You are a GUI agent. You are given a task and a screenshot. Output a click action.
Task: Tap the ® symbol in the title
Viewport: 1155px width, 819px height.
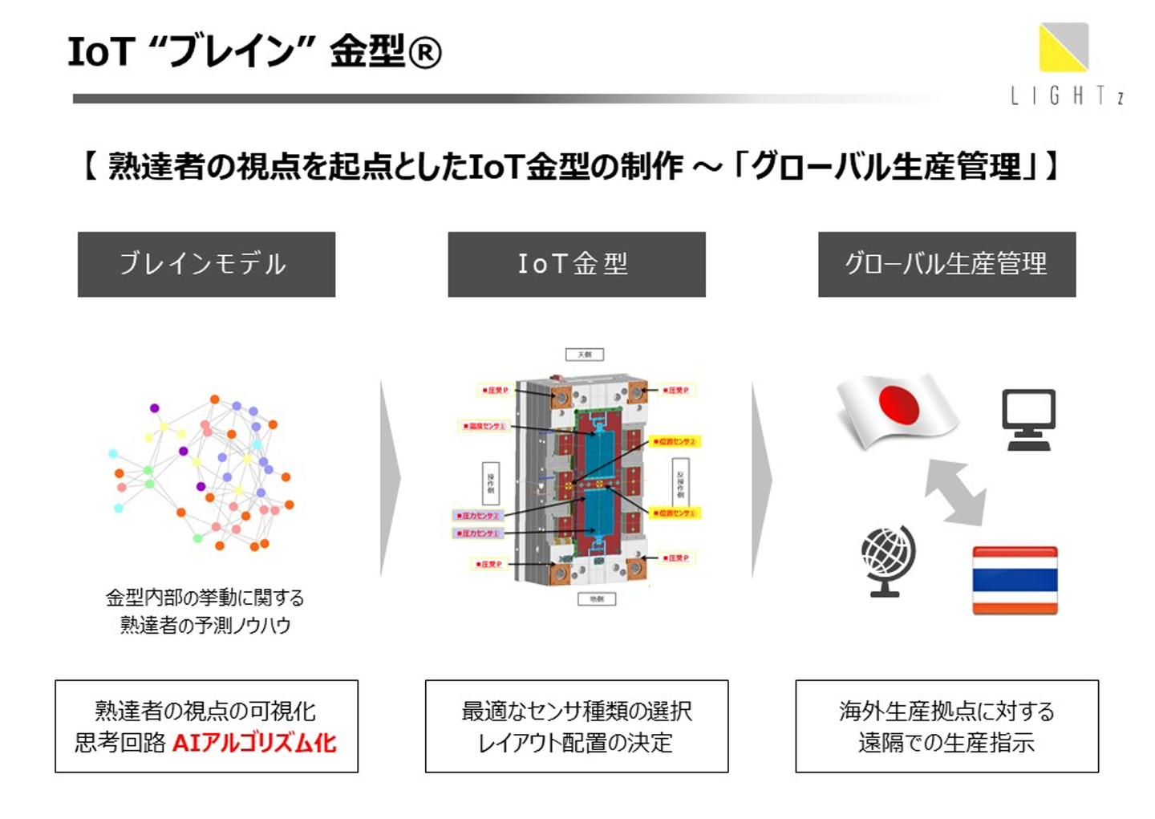coord(425,53)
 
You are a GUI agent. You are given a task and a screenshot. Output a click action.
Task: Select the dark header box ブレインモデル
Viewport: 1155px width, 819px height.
coord(206,264)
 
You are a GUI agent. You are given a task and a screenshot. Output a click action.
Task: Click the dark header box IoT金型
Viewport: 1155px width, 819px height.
coord(576,264)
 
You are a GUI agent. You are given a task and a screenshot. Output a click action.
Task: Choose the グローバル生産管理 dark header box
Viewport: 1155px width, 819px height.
coord(946,264)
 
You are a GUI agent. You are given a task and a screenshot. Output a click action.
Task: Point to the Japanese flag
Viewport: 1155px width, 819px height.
coord(897,408)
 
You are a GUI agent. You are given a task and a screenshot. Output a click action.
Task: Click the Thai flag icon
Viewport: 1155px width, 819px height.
coord(1015,580)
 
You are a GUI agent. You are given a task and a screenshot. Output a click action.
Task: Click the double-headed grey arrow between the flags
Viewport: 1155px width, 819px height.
coord(955,492)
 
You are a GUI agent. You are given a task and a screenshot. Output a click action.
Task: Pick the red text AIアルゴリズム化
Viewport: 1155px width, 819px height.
coord(254,743)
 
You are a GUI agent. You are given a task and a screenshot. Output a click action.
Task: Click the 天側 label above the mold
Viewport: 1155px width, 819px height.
coord(584,355)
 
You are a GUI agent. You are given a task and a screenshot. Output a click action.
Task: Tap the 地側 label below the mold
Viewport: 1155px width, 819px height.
coord(597,598)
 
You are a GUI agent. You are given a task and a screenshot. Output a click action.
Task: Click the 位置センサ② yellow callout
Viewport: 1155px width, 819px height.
coord(675,441)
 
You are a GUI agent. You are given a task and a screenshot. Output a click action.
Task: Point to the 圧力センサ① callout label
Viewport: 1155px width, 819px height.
coord(478,533)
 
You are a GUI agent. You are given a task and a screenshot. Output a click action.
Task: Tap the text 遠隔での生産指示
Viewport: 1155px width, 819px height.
coord(946,743)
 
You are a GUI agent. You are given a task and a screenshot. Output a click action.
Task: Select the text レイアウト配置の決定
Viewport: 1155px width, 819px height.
coord(576,743)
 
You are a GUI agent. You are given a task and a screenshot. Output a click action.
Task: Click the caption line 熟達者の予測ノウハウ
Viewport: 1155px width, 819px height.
coord(205,625)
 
